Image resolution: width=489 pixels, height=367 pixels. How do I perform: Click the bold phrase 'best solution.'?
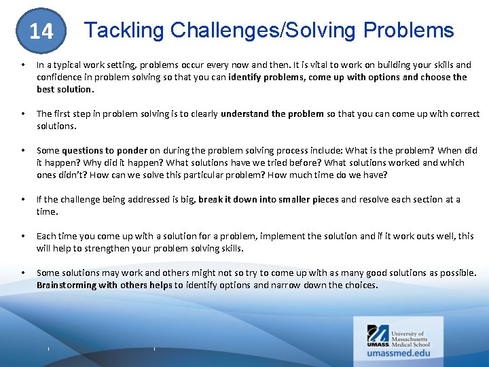[65, 89]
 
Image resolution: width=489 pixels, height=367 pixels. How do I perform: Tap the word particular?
[213, 175]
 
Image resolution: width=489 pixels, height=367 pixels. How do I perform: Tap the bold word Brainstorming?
[67, 285]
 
